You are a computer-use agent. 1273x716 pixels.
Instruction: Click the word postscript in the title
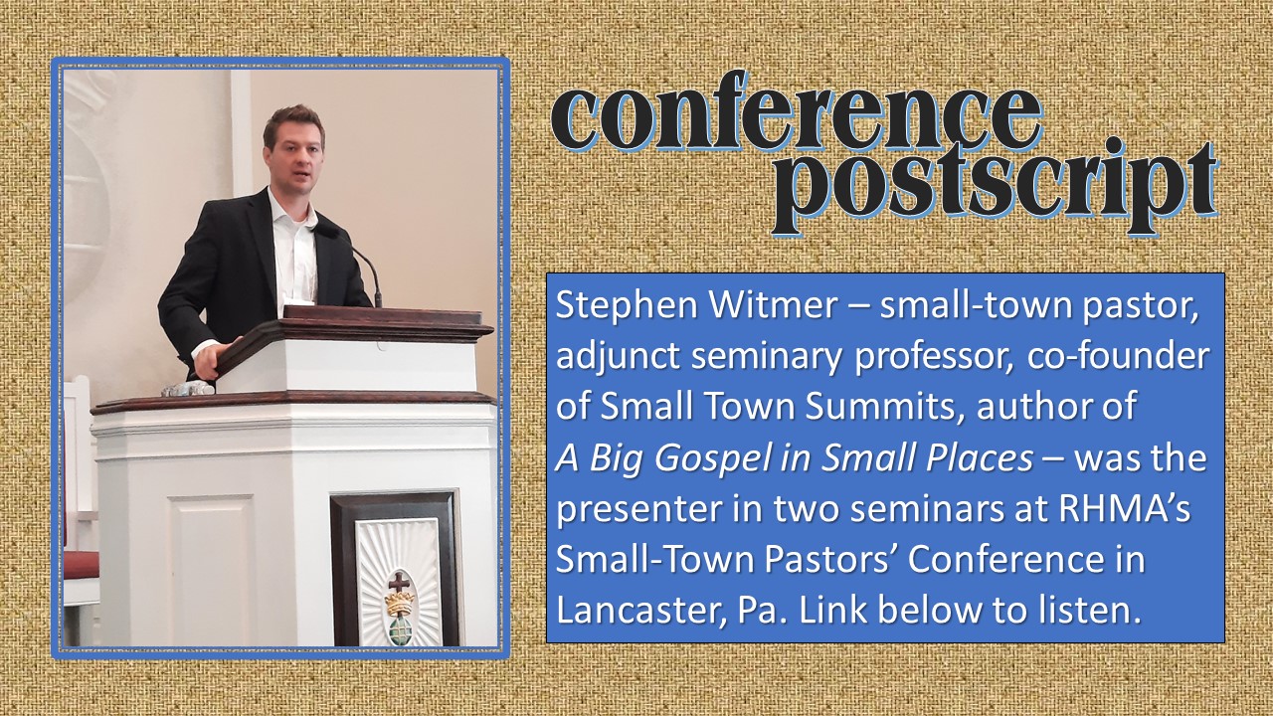point(994,185)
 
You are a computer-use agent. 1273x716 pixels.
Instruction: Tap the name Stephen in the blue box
point(627,307)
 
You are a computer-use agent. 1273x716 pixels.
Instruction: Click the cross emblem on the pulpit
point(400,583)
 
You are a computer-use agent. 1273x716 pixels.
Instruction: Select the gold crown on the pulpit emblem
point(400,604)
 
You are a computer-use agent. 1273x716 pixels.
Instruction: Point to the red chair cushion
point(81,566)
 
